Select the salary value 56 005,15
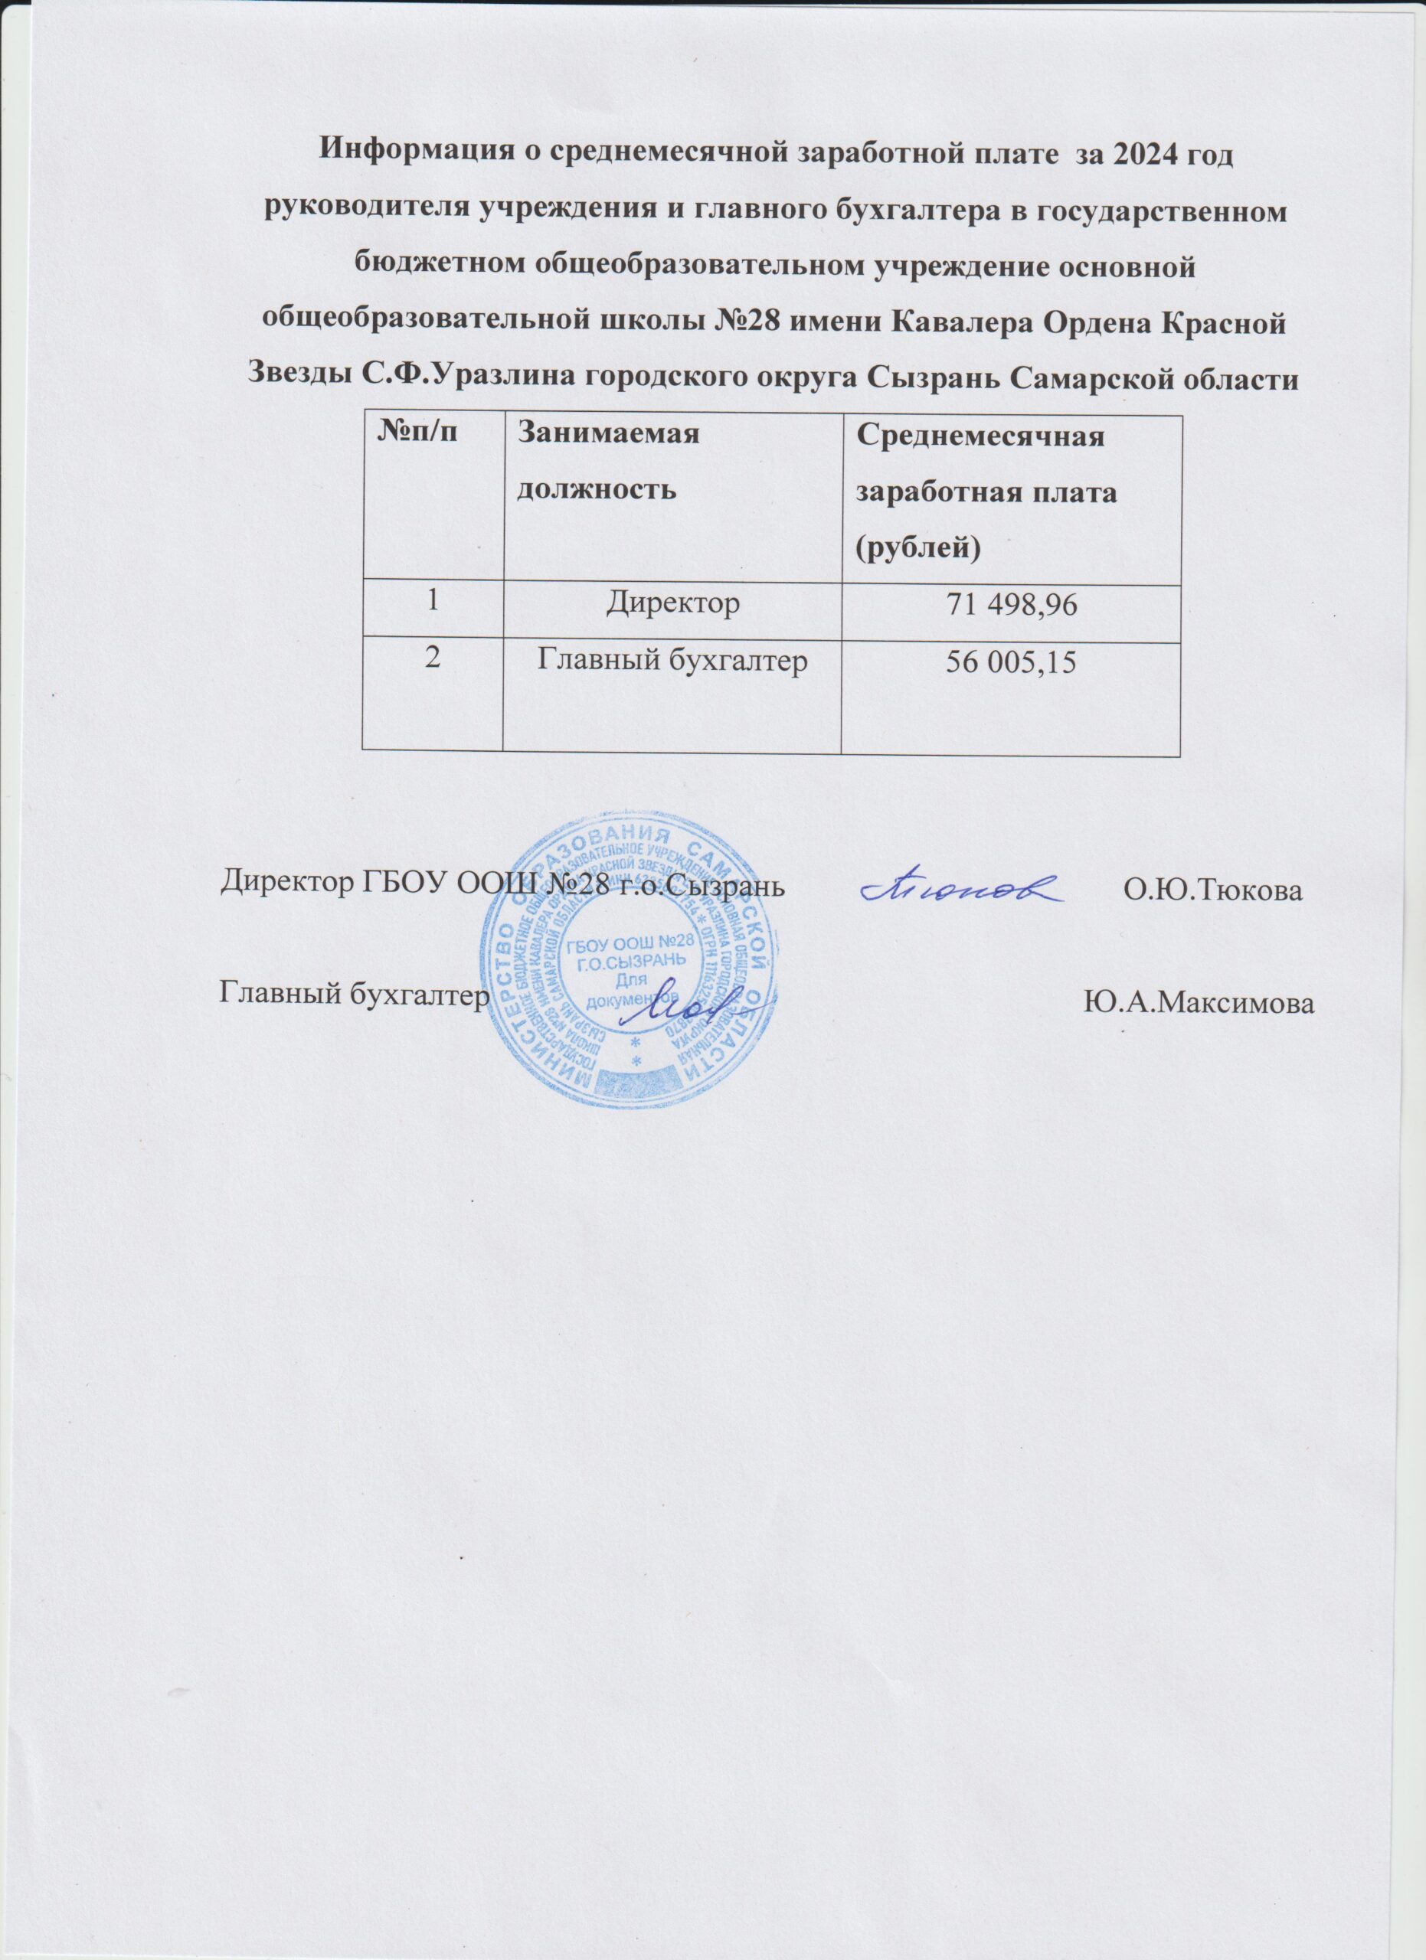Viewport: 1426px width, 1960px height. coord(1010,661)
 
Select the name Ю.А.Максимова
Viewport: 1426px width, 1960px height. coord(1198,1003)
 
